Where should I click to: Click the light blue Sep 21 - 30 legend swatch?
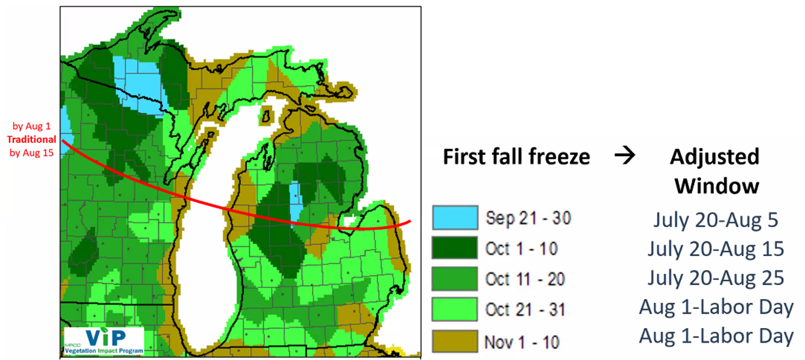click(454, 218)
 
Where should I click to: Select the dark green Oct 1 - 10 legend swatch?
click(454, 248)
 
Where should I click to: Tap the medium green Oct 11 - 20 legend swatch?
click(454, 279)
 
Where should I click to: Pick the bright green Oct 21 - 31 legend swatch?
click(454, 309)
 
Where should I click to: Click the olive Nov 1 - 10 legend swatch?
click(454, 341)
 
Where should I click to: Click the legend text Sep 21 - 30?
click(528, 218)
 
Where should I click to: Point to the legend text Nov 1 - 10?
click(521, 342)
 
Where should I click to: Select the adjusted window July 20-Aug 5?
click(715, 219)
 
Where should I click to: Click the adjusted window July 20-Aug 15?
click(715, 249)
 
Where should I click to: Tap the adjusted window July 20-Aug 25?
click(715, 278)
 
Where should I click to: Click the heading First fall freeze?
click(516, 157)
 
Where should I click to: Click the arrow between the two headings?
click(624, 156)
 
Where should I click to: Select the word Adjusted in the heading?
click(714, 157)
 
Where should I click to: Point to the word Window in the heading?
click(717, 186)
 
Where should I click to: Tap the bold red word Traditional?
click(31, 140)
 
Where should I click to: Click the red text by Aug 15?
click(32, 153)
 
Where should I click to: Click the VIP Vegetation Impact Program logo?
click(104, 341)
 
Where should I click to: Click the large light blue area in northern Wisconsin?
click(137, 82)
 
